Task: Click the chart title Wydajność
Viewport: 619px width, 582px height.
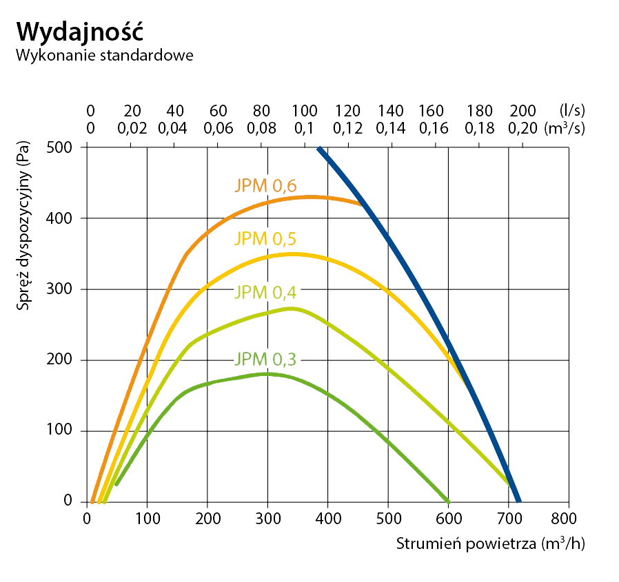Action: [x=80, y=31]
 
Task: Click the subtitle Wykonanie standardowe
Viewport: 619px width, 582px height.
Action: [x=104, y=55]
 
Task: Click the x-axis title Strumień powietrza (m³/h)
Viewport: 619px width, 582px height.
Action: [x=490, y=543]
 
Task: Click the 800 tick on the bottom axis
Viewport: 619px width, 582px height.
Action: [x=569, y=517]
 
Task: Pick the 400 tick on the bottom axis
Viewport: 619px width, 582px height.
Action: [x=328, y=517]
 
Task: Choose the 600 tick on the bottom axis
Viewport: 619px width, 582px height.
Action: [x=448, y=517]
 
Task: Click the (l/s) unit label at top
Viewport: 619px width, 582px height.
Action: [x=571, y=110]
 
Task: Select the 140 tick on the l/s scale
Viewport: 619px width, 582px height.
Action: [x=391, y=110]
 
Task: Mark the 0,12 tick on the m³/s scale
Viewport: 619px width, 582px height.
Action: [x=347, y=127]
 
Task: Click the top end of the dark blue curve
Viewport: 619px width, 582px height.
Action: [x=319, y=148]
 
